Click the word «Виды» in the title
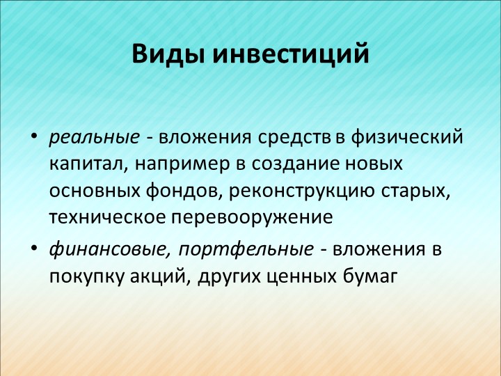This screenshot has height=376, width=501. point(168,54)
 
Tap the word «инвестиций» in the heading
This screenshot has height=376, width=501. point(291,53)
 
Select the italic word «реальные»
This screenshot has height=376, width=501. point(94,138)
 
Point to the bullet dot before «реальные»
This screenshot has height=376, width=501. point(34,136)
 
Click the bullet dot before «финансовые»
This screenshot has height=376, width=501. point(34,247)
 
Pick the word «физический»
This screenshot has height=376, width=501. point(407,137)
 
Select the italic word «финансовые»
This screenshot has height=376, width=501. point(110,249)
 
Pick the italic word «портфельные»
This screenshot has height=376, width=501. point(246,249)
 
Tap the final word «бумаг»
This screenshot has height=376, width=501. point(370,276)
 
